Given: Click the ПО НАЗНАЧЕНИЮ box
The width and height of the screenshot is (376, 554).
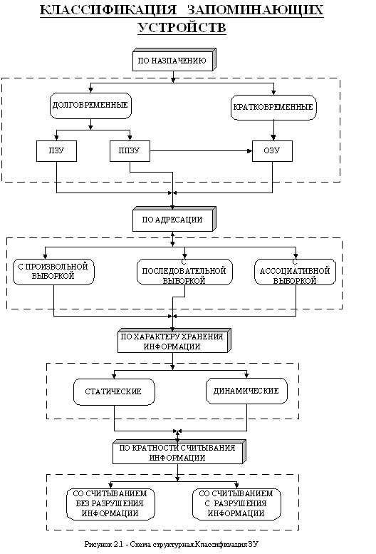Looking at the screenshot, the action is click(174, 60).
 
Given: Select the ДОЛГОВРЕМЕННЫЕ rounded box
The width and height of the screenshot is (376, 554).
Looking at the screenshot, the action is click(90, 106).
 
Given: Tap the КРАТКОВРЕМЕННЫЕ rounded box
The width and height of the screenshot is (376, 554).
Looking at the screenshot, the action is click(273, 108).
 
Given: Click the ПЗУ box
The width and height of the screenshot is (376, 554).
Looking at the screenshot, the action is click(56, 151).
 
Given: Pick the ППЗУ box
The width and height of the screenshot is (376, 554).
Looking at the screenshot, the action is click(130, 151).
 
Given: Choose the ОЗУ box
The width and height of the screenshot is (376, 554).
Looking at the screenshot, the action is click(272, 151).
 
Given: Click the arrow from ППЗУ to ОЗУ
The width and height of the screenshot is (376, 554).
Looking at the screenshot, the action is click(201, 151).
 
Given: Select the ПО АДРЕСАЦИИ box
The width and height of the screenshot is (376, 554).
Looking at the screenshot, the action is click(174, 220).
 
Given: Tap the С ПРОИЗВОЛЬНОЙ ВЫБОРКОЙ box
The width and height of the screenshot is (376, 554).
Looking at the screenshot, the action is click(53, 272).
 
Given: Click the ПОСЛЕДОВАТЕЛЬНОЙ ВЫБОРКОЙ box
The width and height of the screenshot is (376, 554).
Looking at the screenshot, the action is click(184, 272).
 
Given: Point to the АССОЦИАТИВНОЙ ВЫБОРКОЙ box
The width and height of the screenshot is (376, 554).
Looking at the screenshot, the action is click(296, 272).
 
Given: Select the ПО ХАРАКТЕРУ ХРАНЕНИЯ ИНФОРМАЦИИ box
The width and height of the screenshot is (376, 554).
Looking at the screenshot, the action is click(174, 341).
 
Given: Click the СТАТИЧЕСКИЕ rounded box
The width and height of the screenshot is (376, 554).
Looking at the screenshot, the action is click(114, 392).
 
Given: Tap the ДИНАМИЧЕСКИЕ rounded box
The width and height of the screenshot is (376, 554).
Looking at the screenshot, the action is click(246, 391).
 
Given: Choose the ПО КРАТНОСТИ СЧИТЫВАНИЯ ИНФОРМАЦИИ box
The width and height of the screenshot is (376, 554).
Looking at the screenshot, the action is click(179, 452).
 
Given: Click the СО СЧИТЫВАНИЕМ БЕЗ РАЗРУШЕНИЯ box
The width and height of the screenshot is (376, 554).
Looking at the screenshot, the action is click(110, 504).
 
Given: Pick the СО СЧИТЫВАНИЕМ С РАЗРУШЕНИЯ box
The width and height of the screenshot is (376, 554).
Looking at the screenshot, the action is click(236, 504).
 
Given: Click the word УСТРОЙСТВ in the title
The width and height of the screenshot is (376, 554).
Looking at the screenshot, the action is click(182, 27).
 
